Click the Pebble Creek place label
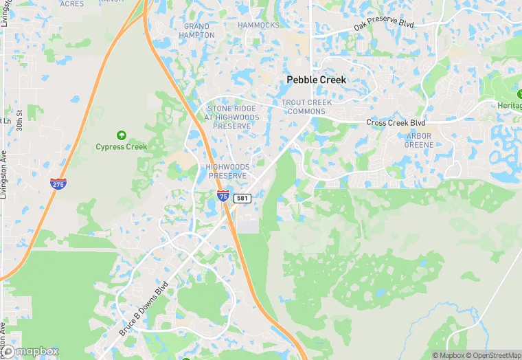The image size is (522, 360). pos(316,80)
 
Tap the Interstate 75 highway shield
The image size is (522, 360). pos(223,196)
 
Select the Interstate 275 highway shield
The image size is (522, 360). pos(58,183)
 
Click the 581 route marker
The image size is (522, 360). pos(242,198)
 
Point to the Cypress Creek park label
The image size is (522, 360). pos(122,146)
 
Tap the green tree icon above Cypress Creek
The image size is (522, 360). pos(122,135)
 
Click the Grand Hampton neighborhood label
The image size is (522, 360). pos(196,31)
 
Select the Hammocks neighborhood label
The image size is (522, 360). pos(258,25)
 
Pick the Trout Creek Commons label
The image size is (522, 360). pos(307,106)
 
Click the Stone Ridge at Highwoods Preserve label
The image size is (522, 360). pos(232,117)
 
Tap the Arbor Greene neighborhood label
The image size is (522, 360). pos(418,140)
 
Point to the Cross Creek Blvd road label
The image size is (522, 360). pos(396,123)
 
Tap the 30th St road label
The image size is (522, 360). pos(21,122)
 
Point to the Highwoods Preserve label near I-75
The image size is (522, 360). pos(227,171)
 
